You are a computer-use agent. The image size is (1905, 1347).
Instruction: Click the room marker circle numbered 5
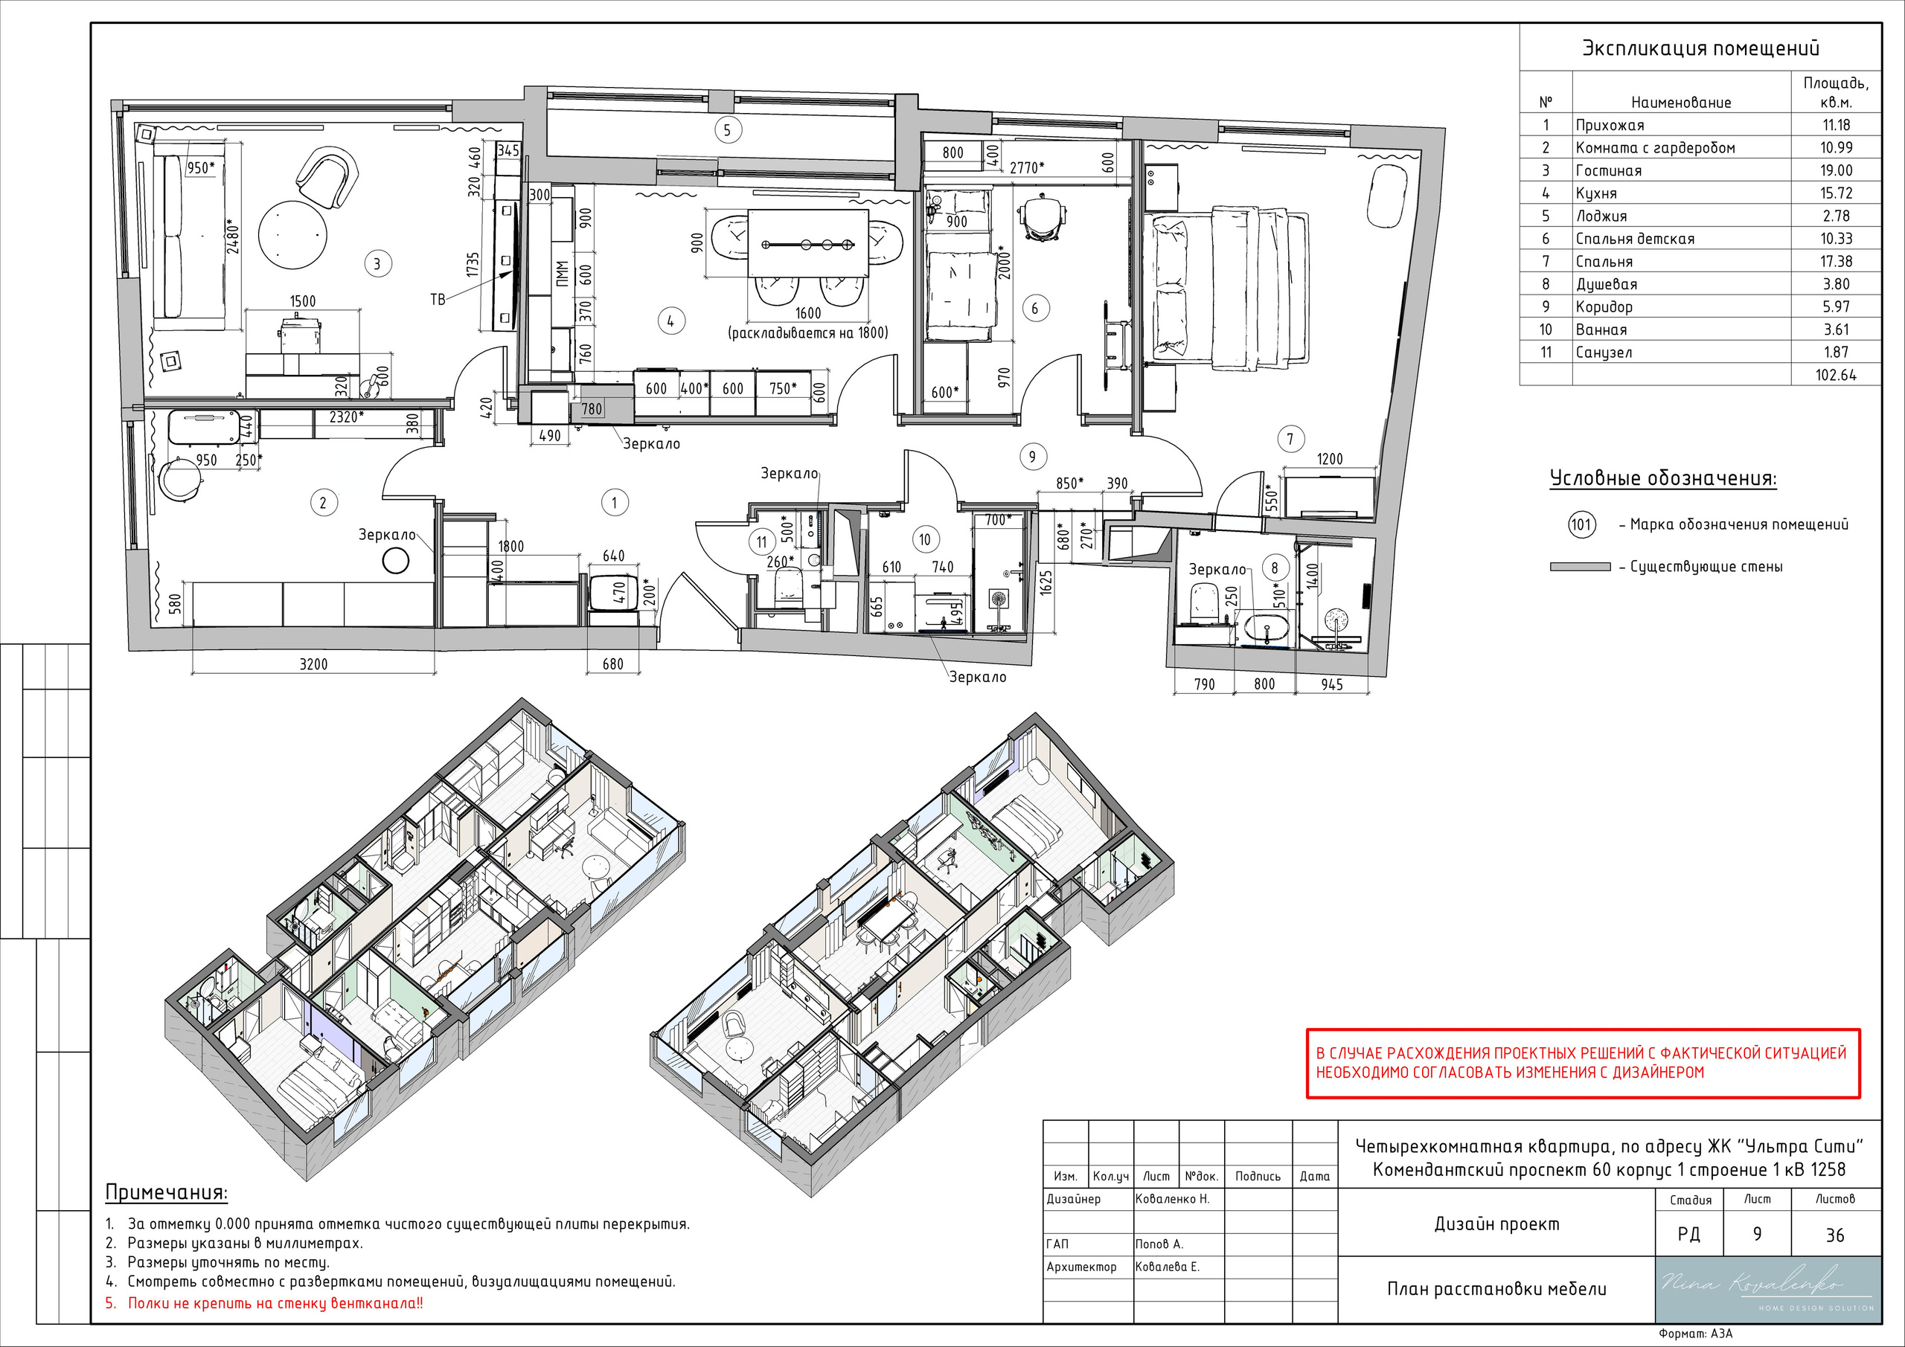pos(728,129)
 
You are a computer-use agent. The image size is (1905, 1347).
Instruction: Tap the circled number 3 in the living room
pos(377,264)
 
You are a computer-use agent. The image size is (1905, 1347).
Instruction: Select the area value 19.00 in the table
pos(1836,170)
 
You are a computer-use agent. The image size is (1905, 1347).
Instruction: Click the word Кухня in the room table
pos(1596,193)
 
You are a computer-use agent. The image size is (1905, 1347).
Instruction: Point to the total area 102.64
pos(1835,375)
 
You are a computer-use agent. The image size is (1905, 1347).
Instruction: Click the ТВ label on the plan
pos(438,300)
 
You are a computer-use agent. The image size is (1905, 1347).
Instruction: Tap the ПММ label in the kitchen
pos(562,272)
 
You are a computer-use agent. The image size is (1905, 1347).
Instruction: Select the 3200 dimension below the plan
pos(313,663)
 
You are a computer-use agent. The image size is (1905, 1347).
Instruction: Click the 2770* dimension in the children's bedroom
pos(1026,167)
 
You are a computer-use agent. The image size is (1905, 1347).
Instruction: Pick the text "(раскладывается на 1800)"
pos(807,332)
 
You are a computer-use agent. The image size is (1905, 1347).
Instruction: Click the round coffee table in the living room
pos(290,236)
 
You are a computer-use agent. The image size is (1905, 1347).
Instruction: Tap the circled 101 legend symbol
pos(1581,524)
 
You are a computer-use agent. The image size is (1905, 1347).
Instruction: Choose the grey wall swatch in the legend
pos(1581,568)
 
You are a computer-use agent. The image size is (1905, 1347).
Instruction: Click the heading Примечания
pos(166,1193)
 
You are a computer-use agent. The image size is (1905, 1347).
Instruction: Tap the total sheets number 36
pos(1834,1235)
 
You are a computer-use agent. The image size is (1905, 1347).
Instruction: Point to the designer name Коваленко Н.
pos(1172,1198)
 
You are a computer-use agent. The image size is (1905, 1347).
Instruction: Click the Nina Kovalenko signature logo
pos(1767,1290)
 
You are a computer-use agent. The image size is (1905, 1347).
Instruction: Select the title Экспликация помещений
pos(1701,48)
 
